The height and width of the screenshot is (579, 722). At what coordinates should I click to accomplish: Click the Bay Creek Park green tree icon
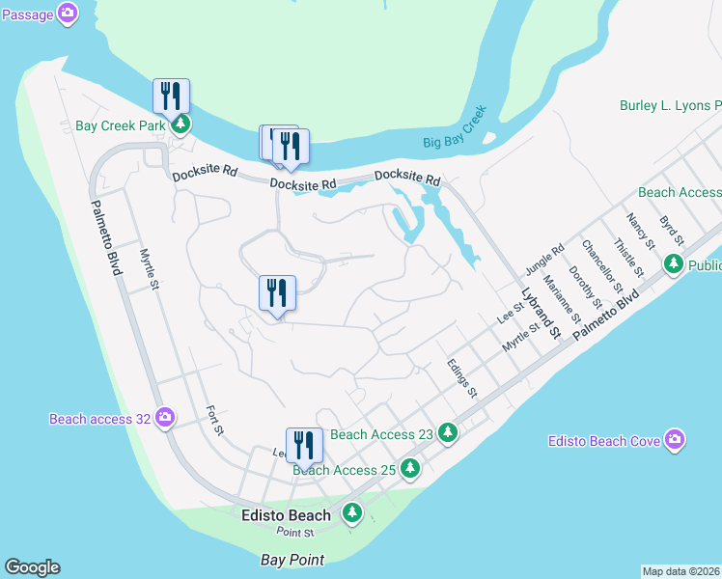pyautogui.click(x=180, y=125)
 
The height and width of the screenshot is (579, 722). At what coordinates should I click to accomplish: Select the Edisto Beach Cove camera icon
pyautogui.click(x=674, y=440)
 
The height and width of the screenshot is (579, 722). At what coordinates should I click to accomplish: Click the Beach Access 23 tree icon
pyautogui.click(x=447, y=433)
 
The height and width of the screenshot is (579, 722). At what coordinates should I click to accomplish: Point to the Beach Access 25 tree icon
pyautogui.click(x=411, y=469)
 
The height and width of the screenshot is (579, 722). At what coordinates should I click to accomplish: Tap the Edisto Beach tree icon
pyautogui.click(x=352, y=513)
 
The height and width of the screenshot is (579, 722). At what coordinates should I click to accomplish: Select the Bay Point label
pyautogui.click(x=292, y=559)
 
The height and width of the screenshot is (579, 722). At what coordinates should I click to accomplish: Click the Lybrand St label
pyautogui.click(x=541, y=313)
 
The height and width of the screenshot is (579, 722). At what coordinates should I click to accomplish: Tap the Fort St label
pyautogui.click(x=214, y=420)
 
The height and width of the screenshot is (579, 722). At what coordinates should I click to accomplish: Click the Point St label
pyautogui.click(x=295, y=532)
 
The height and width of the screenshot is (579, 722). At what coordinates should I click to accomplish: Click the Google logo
pyautogui.click(x=32, y=567)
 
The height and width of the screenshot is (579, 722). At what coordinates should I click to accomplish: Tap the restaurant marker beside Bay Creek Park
pyautogui.click(x=172, y=97)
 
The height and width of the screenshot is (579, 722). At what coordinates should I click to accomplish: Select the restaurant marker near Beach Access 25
pyautogui.click(x=304, y=447)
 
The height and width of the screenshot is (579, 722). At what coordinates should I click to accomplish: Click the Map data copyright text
pyautogui.click(x=681, y=571)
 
